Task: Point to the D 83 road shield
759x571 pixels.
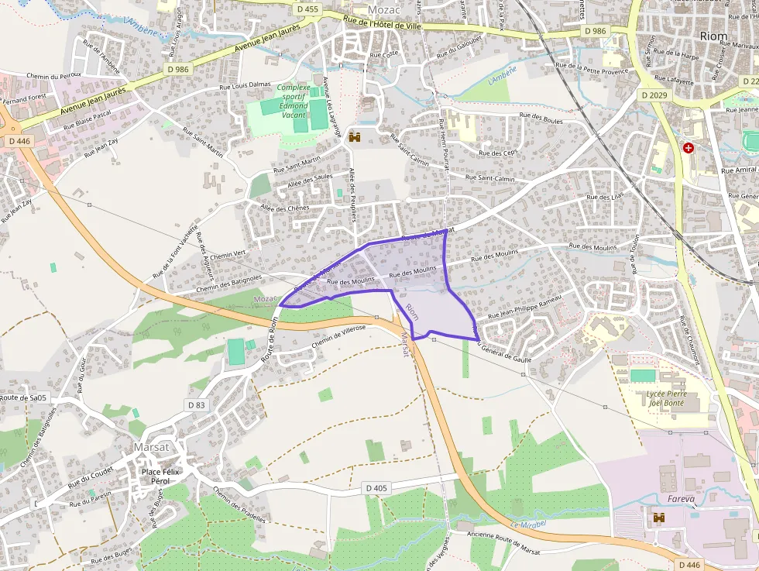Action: pyautogui.click(x=196, y=404)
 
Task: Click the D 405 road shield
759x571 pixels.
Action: pyautogui.click(x=375, y=488)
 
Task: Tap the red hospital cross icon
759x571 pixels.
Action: pyautogui.click(x=688, y=147)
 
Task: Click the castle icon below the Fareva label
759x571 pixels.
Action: pyautogui.click(x=660, y=517)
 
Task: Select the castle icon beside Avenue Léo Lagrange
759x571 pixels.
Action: pyautogui.click(x=355, y=137)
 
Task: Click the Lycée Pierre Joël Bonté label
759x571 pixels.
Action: pyautogui.click(x=666, y=398)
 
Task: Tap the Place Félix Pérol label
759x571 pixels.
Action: pyautogui.click(x=156, y=476)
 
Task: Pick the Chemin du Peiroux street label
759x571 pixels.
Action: pyautogui.click(x=53, y=76)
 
